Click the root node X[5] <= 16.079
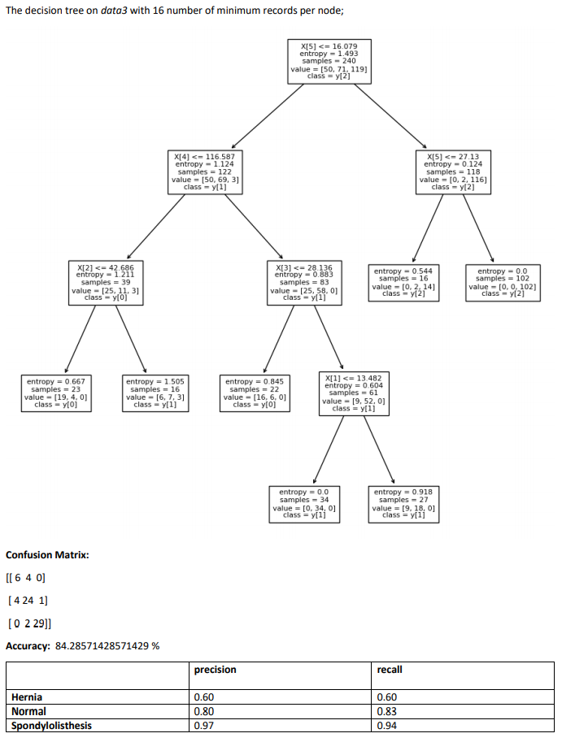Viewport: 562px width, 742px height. point(329,60)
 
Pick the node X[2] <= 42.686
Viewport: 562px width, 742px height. point(105,283)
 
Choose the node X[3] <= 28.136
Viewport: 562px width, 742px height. point(303,283)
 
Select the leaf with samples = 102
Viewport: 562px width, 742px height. point(502,283)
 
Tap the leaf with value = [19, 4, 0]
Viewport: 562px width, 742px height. point(55,393)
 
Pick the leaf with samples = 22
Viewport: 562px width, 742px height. point(254,393)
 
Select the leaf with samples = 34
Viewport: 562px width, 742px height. point(303,504)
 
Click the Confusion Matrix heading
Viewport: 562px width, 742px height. point(47,555)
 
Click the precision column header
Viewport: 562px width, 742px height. point(216,670)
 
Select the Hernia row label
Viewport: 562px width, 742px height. point(27,697)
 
